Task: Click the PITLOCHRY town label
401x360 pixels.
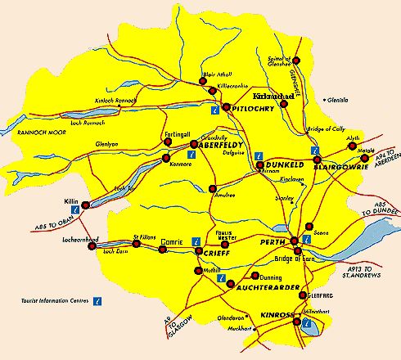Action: [x=251, y=107]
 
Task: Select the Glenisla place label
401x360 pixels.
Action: [x=337, y=100]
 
